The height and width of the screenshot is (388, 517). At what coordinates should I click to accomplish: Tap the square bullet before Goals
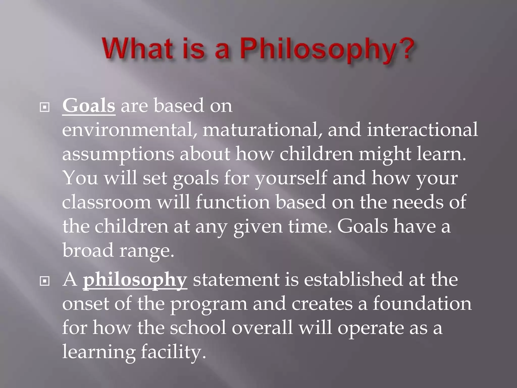(45, 108)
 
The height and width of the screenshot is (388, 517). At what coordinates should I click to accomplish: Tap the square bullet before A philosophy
(45, 281)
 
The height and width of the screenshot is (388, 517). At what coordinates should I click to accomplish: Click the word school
(198, 328)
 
